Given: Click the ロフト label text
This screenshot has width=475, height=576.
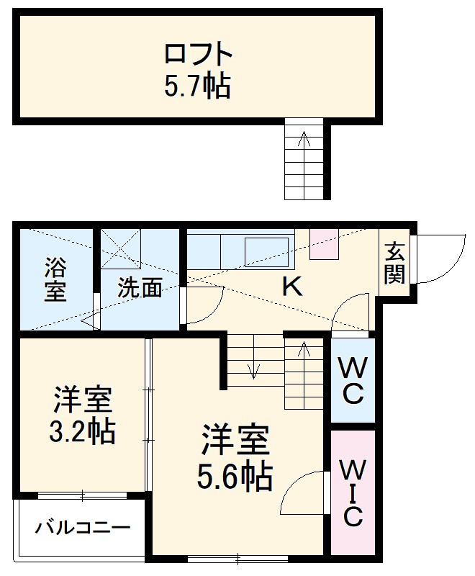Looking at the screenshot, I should point(198,55).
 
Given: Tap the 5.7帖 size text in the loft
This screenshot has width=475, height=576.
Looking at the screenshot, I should point(197,87).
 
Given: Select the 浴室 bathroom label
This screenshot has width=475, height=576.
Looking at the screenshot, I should point(55,278).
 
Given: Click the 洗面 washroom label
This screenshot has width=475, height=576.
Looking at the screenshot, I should point(140,288).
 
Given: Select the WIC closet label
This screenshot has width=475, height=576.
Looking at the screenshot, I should point(352,493).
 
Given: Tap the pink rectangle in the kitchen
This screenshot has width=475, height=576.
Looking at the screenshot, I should point(323,244).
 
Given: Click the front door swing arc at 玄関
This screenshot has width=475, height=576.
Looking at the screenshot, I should point(439,259).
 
